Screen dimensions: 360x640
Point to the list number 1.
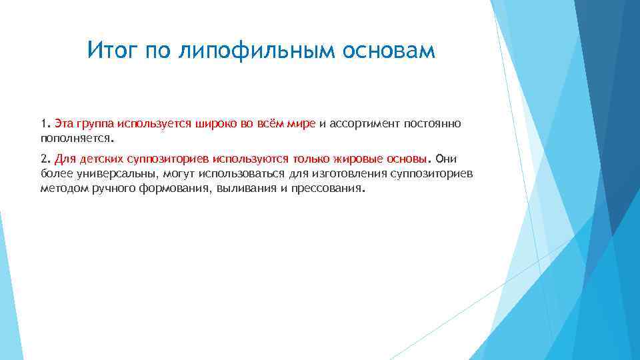pyautogui.click(x=44, y=124)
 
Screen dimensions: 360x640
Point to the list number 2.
pyautogui.click(x=44, y=159)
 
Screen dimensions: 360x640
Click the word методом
pyautogui.click(x=62, y=189)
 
